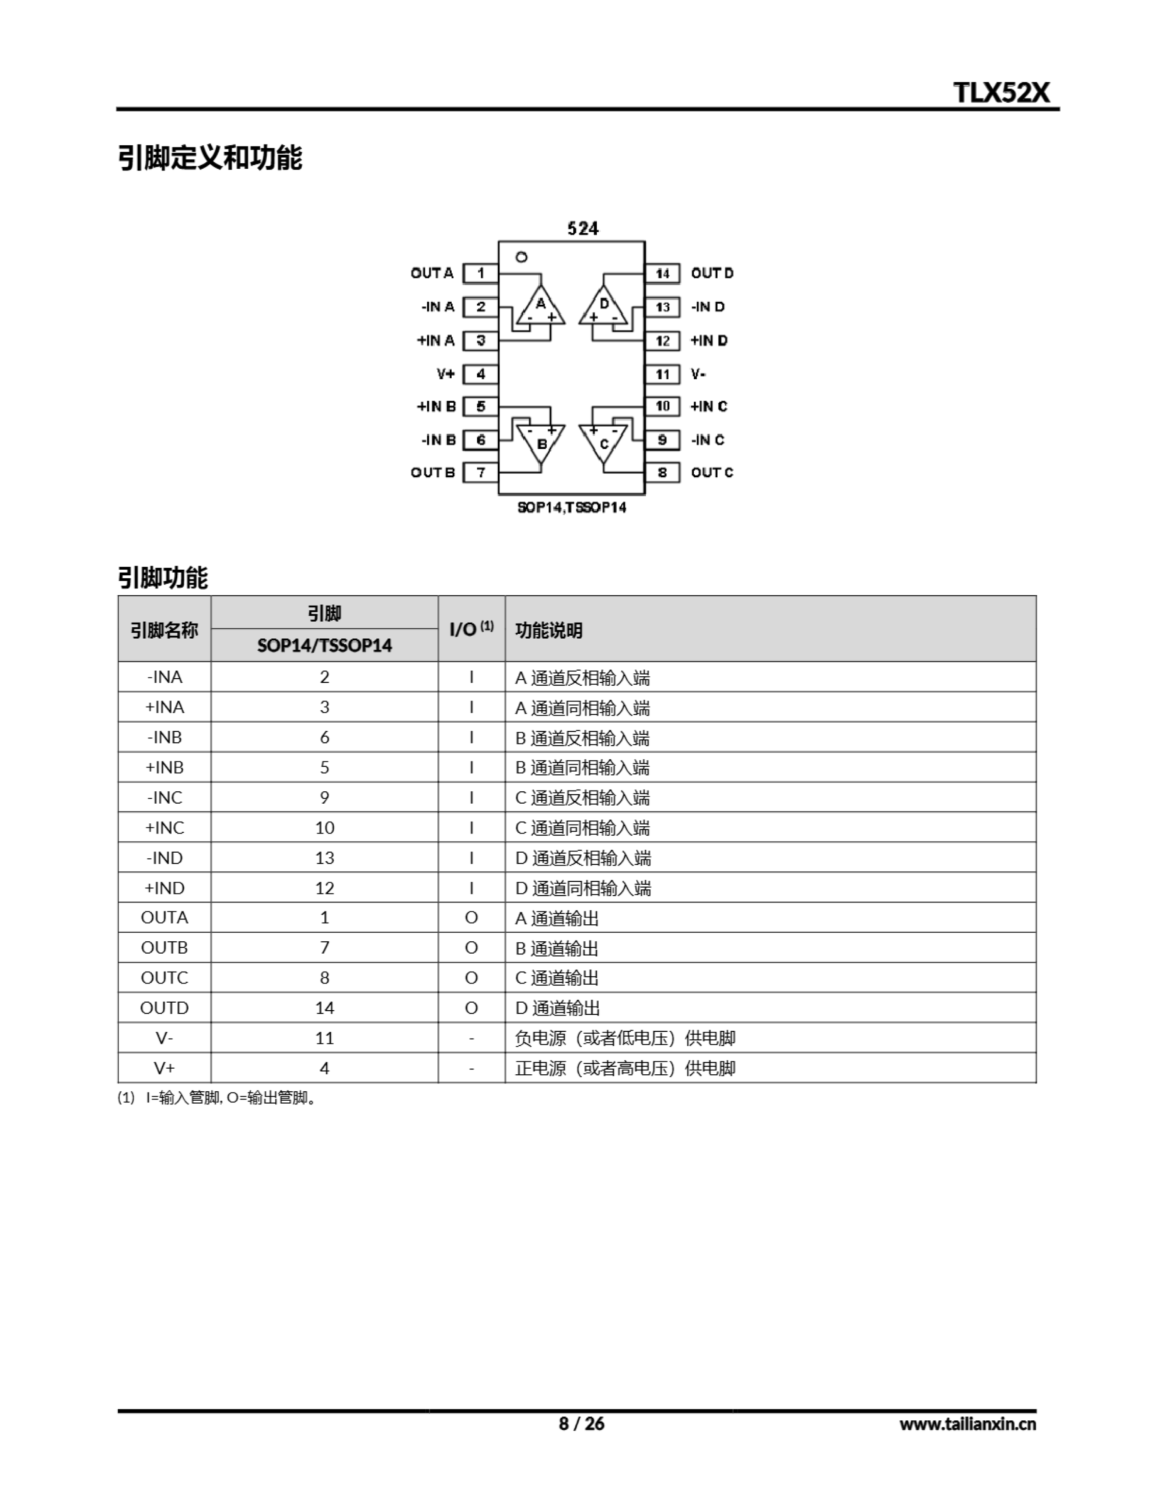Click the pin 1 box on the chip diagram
[480, 274]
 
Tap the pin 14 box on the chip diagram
[662, 274]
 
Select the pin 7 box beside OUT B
[480, 473]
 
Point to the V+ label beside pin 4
[445, 374]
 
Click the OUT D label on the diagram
[711, 274]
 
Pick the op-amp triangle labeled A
[540, 306]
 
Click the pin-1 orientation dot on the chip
[521, 257]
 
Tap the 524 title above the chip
[583, 229]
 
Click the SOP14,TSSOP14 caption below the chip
[572, 508]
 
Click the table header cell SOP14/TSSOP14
[324, 645]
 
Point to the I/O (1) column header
[471, 629]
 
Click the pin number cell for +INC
[324, 828]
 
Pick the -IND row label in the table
[164, 858]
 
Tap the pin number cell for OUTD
[324, 1008]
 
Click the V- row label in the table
[164, 1038]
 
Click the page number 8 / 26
[582, 1423]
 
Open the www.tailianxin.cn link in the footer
[967, 1424]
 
